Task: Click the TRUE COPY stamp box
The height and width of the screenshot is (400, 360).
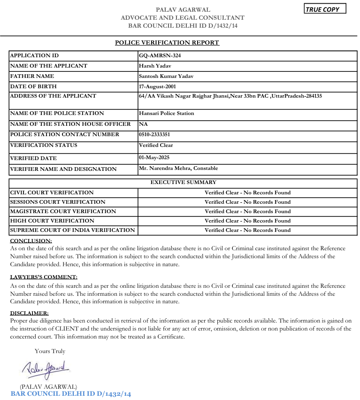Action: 325,9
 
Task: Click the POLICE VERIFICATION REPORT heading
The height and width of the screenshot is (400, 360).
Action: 167,43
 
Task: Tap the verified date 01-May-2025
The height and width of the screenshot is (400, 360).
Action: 154,158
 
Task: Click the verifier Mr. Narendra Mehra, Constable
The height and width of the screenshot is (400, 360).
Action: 178,168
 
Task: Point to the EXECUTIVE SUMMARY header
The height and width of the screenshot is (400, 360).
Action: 184,182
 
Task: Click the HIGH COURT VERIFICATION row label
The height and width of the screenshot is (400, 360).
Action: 52,221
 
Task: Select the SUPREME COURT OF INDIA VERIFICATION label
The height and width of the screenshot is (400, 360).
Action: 72,230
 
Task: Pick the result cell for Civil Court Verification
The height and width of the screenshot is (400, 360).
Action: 247,192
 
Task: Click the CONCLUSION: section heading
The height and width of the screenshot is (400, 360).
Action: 31,241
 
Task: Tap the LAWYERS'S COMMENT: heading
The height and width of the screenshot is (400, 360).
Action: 44,277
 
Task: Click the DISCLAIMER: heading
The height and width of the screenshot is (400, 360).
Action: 29,313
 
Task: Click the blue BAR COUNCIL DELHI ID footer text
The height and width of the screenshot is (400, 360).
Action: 70,393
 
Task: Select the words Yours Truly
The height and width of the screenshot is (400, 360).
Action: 50,351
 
